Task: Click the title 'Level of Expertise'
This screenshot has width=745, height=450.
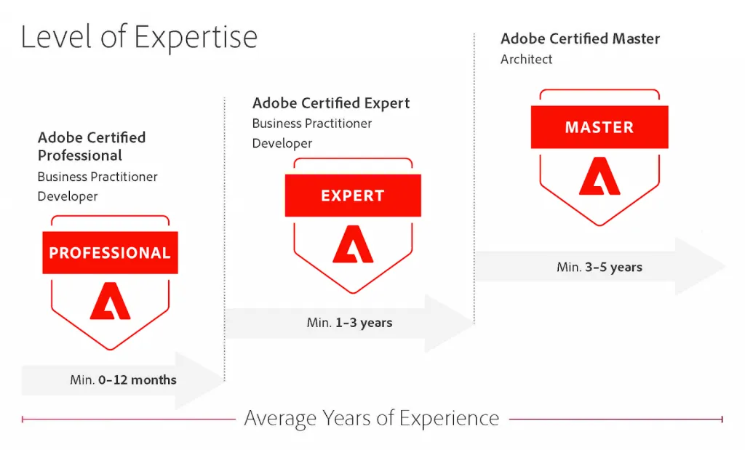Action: pos(139,36)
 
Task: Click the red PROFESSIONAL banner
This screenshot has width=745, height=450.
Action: pos(110,253)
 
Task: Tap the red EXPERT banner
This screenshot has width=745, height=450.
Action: pos(352,196)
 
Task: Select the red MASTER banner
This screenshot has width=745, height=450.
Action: pos(599,127)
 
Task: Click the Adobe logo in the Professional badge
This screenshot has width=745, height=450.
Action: pos(110,302)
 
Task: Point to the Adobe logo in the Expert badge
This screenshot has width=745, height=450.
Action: pos(352,244)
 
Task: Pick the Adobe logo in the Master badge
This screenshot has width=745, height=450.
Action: pos(599,177)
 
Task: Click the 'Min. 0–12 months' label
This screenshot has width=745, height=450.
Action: pos(123,379)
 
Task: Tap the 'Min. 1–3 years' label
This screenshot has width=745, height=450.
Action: pos(349,322)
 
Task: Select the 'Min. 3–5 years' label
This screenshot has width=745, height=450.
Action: pos(599,267)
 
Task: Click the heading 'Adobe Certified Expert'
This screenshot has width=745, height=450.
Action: pos(331,103)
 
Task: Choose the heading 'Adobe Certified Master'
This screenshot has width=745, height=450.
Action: pos(580,39)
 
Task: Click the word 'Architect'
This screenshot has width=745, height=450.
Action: pos(526,60)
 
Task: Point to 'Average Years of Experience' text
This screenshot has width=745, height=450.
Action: pos(372,419)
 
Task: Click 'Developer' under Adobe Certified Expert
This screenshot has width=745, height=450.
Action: pos(282,143)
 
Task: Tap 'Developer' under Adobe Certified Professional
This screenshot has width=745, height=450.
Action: pos(68,196)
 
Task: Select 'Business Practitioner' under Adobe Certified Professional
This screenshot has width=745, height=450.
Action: pos(97,177)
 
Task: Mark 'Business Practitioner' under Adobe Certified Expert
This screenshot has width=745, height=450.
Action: pos(312,124)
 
